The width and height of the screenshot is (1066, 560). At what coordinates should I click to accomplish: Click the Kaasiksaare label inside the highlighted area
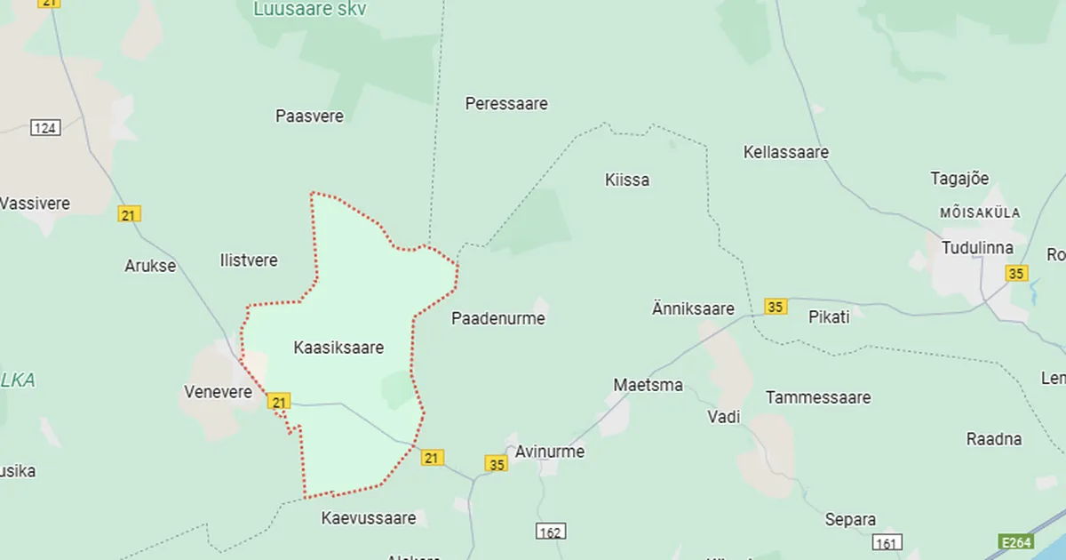click(x=338, y=348)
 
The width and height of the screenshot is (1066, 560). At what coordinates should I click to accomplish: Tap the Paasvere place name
click(x=309, y=116)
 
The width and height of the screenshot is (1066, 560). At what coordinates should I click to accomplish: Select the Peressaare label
click(x=506, y=103)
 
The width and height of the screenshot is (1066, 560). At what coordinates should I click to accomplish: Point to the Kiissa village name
click(x=626, y=180)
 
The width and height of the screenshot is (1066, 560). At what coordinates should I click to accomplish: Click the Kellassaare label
click(x=785, y=152)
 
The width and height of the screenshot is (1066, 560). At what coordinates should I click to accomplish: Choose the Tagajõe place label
click(x=959, y=178)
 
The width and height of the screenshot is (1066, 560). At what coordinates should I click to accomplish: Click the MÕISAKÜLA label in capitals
click(x=980, y=213)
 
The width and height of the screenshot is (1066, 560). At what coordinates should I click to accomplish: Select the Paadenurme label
click(x=497, y=318)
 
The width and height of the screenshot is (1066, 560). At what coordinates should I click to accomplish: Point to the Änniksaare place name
click(x=693, y=308)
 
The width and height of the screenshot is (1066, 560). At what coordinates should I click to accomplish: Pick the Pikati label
click(x=829, y=316)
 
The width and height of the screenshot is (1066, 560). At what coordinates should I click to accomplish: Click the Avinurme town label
click(x=550, y=452)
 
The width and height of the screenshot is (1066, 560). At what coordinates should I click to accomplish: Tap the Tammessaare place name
click(x=818, y=397)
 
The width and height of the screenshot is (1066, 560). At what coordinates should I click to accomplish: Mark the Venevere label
click(x=219, y=391)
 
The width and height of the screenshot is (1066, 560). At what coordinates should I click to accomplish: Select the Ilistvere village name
click(x=248, y=260)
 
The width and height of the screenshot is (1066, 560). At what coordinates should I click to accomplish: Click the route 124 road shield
click(x=45, y=128)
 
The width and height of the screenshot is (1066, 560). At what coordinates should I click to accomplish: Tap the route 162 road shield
click(x=551, y=532)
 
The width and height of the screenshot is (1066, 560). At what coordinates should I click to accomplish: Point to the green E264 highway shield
click(x=1015, y=541)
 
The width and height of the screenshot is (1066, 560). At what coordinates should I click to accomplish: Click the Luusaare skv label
click(x=310, y=10)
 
